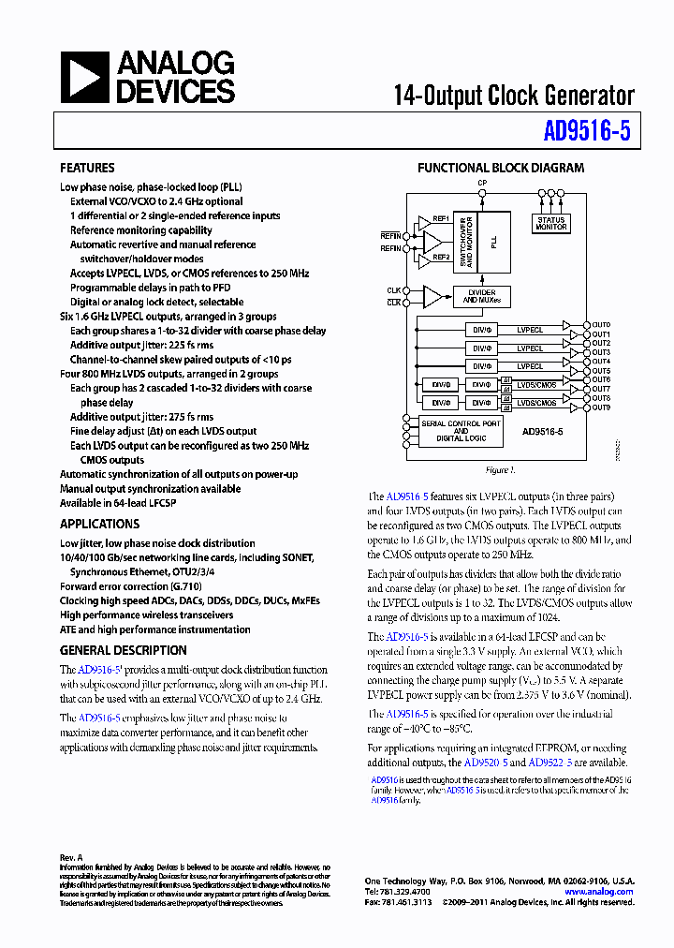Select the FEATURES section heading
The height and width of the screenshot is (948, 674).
[87, 169]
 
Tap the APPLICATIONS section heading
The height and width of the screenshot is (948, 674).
[99, 525]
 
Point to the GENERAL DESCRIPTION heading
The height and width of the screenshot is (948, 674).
[124, 650]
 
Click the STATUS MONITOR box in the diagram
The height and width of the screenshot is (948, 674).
[551, 223]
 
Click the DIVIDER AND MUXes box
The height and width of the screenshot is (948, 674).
[482, 296]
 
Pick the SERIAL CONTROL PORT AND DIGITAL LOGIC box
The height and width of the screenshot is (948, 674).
[461, 431]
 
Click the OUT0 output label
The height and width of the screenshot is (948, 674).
[600, 325]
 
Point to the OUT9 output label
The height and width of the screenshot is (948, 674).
[600, 407]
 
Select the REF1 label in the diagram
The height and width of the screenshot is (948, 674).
[440, 218]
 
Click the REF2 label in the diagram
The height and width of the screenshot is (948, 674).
[440, 256]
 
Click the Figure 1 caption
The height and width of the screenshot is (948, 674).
[500, 470]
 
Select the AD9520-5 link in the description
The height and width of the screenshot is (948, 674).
[486, 763]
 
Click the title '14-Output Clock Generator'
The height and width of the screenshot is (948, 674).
[514, 95]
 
